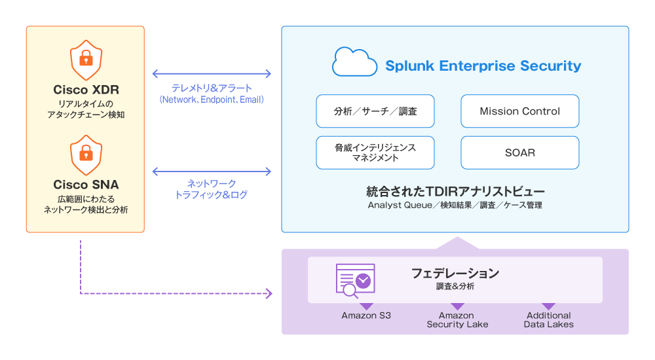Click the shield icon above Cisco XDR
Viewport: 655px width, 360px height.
pos(86,60)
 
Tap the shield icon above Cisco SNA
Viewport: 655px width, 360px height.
pos(86,155)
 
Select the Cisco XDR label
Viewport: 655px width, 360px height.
pos(86,90)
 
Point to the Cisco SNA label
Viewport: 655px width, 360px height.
pos(86,185)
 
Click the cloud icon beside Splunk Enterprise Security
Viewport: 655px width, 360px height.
pos(354,62)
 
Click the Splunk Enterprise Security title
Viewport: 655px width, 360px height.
pos(483,65)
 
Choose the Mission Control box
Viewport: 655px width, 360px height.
pos(519,111)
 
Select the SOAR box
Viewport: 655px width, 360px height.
pos(519,153)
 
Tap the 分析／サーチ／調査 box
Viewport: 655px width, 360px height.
pos(375,111)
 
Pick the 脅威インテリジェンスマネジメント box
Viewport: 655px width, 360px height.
pos(375,153)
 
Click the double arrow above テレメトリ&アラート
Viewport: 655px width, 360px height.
pos(212,74)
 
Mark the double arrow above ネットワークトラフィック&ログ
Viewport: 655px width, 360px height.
pos(212,171)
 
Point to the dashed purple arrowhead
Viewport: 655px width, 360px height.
pos(269,294)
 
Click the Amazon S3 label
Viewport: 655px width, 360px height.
pos(366,315)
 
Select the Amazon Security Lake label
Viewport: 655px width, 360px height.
pos(457,320)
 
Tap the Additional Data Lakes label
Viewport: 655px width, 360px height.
pos(548,320)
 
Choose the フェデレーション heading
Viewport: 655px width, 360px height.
pos(455,273)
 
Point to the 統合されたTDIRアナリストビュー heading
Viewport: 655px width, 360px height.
pos(455,191)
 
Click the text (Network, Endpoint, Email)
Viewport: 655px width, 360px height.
pos(212,99)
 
